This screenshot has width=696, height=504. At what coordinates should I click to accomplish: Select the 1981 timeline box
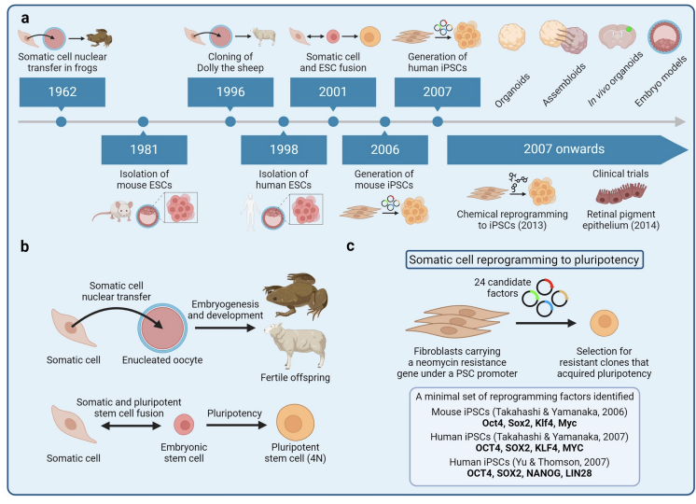click(143, 149)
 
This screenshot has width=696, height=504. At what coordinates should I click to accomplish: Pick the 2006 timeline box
click(384, 149)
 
